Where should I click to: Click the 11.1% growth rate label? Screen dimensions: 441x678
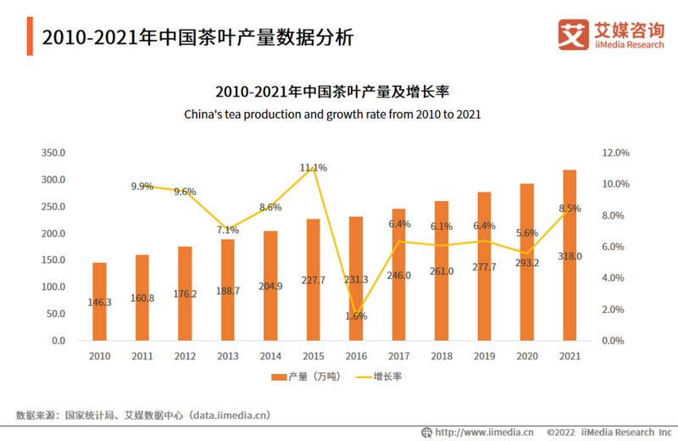coord(313,168)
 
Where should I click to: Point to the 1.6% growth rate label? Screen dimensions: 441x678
coord(356,315)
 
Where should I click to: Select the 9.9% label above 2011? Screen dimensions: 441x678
coord(142,187)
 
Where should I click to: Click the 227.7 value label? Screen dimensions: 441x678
coord(313,281)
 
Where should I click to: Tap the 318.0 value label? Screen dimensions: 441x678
coord(570,256)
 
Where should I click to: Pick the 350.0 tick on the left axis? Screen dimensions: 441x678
coord(53,154)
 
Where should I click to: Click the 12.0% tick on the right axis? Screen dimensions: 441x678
coord(615,154)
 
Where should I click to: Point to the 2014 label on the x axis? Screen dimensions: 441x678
coord(270,356)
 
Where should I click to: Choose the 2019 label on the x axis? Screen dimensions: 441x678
coord(484,356)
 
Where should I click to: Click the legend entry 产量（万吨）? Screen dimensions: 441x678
coord(306,376)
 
